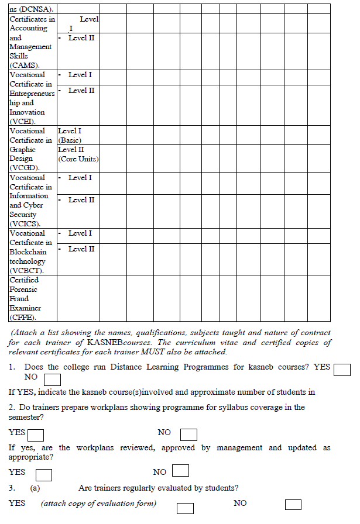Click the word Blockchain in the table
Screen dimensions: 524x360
[28, 252]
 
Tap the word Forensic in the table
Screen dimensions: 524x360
[23, 289]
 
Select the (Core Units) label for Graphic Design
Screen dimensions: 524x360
[78, 159]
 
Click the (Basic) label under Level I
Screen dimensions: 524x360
[70, 140]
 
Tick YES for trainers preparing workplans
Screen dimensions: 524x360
[36, 435]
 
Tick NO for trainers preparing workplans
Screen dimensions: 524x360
[188, 435]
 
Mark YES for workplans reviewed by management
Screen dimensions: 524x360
[44, 474]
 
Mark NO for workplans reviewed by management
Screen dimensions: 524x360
[181, 471]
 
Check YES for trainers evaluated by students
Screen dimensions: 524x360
[185, 508]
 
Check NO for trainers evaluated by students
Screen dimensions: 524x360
[293, 505]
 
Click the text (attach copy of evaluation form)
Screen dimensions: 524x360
[98, 504]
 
